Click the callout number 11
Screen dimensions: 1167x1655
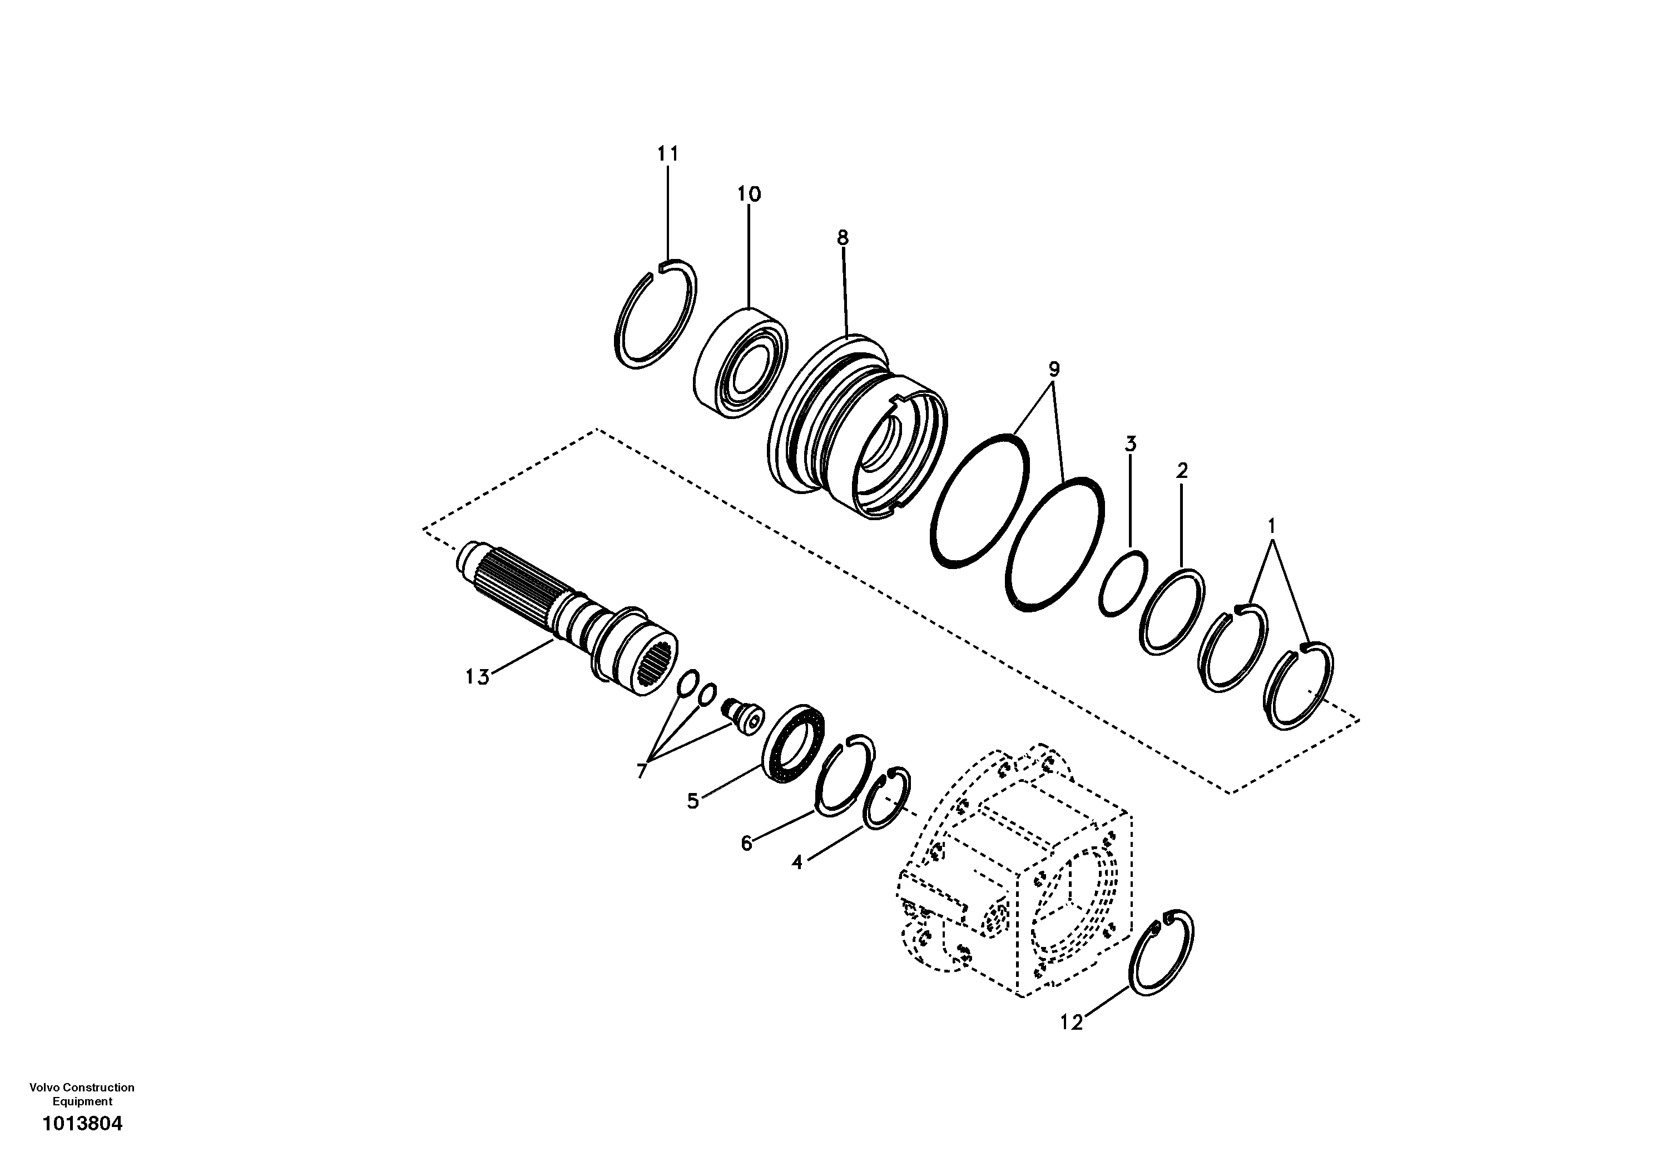coord(667,153)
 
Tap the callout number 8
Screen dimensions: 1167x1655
coord(843,238)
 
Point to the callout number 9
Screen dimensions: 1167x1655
coord(1053,370)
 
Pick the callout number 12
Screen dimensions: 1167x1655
coord(1071,1021)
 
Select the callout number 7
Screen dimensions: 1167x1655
coord(642,771)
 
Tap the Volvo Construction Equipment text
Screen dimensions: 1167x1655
coord(82,1094)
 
